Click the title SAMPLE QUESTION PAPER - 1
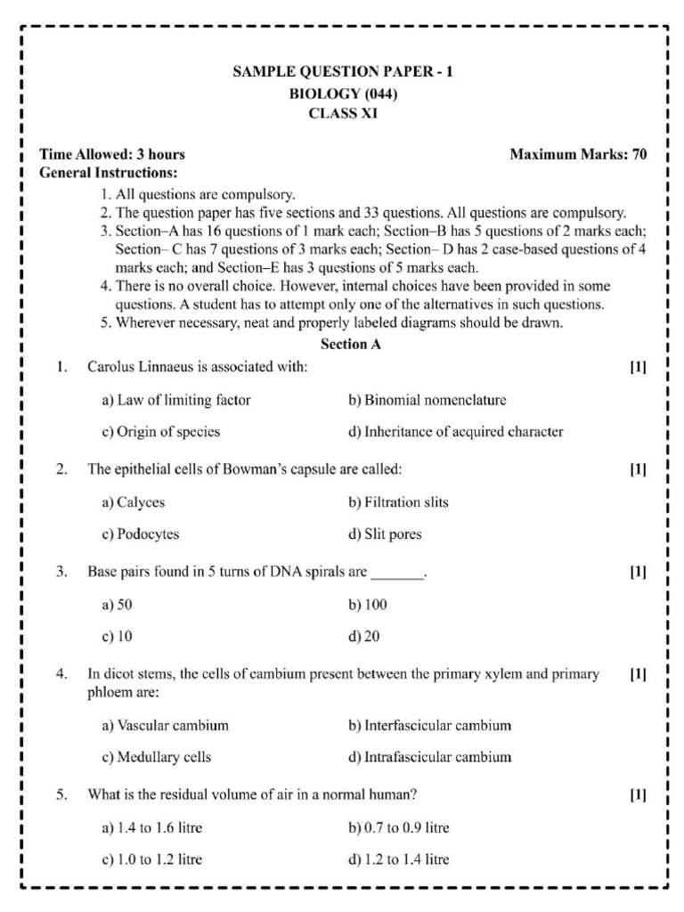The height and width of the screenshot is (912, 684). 343,73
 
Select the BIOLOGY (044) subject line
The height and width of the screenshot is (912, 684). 343,94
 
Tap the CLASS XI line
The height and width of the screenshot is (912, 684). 343,113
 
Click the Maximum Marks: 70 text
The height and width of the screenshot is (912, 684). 578,154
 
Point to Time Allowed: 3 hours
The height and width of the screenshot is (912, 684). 113,154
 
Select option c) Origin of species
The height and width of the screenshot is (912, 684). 161,432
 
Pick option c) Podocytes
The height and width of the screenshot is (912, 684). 141,534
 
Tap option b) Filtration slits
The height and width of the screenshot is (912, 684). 398,502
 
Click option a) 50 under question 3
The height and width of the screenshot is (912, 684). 117,605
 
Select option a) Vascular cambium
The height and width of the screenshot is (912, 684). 165,725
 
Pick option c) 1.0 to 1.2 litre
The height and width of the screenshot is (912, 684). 152,860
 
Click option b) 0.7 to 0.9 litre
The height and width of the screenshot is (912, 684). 398,828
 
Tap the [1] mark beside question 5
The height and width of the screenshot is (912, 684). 638,794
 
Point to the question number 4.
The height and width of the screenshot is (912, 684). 61,674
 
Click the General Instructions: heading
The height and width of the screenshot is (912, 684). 109,172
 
